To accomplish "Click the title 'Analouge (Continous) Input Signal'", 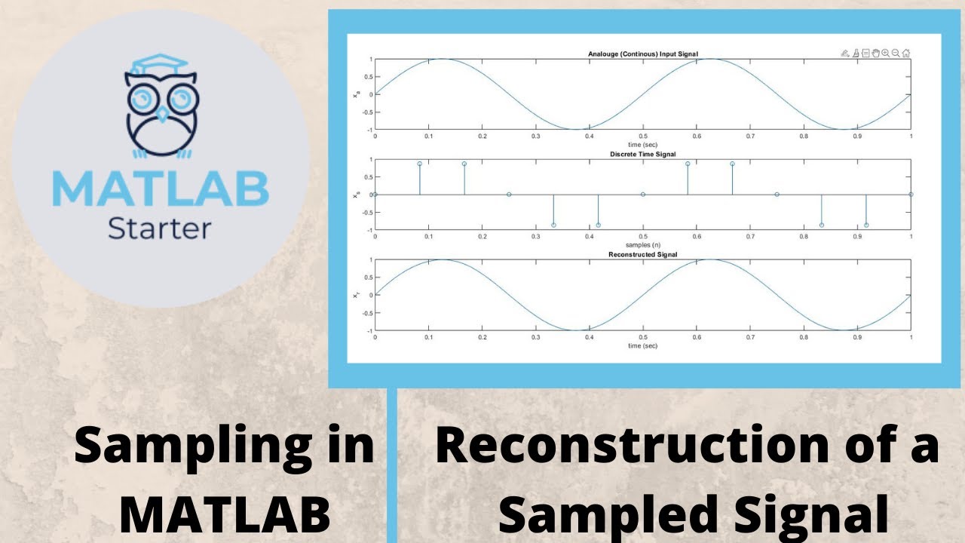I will [x=643, y=54].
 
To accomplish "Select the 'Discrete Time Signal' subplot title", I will [x=643, y=155].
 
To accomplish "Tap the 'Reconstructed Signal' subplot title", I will [x=643, y=255].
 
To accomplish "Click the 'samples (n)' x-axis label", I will [x=643, y=245].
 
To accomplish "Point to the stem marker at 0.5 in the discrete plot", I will [x=643, y=195].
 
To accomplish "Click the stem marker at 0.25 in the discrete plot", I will [x=509, y=195].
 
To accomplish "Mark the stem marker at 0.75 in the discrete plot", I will [x=777, y=195].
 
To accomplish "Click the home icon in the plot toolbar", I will [x=905, y=54].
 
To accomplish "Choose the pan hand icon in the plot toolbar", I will [x=875, y=54].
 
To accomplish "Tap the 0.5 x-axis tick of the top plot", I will [x=643, y=137].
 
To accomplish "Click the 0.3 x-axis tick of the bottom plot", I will [x=536, y=338].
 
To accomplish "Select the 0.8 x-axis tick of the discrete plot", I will [x=804, y=237].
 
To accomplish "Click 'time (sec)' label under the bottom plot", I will [x=643, y=345].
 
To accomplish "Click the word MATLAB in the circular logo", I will [x=161, y=189].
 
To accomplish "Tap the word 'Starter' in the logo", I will [x=160, y=228].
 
